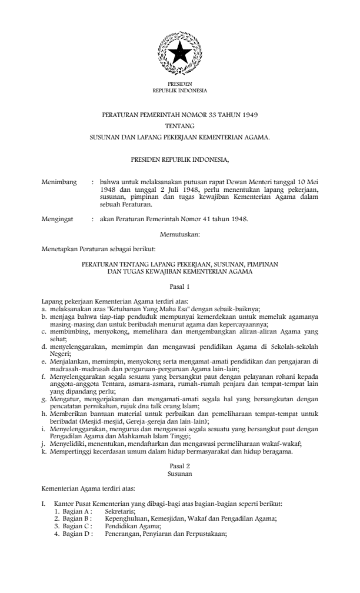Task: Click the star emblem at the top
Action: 179,54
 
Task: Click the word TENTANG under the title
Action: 179,125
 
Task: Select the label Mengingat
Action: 57,219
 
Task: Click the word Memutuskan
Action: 180,235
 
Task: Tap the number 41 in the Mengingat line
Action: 199,219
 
